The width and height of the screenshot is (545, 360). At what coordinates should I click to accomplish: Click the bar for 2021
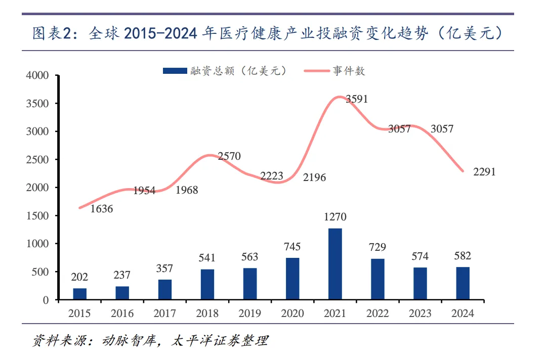(335, 264)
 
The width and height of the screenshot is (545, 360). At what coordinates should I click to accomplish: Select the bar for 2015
(80, 294)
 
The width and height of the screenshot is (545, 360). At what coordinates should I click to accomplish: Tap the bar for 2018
(207, 285)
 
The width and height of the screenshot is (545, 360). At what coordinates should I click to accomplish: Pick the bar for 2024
(463, 283)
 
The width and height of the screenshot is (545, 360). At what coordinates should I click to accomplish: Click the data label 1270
(335, 217)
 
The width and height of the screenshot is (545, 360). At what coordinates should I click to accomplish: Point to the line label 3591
(357, 99)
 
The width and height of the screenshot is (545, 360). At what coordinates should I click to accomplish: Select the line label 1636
(102, 208)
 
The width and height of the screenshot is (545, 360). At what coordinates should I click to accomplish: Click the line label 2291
(484, 172)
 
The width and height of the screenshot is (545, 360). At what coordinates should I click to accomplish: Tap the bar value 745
(292, 247)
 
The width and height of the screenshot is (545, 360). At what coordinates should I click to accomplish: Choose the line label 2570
(229, 156)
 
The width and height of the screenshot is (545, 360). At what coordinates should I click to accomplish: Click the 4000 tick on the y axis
(37, 76)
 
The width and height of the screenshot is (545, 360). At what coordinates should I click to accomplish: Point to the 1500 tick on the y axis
(37, 216)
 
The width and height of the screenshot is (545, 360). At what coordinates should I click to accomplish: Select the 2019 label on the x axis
(250, 313)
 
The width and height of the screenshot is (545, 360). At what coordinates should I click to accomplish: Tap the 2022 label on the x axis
(378, 313)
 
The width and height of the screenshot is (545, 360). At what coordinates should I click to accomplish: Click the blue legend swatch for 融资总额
(175, 71)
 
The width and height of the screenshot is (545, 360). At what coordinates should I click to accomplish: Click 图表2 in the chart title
(51, 33)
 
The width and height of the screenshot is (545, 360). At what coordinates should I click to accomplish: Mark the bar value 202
(80, 277)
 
